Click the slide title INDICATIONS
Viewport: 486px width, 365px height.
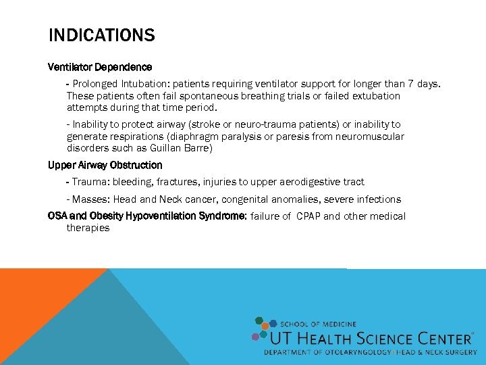point(101,35)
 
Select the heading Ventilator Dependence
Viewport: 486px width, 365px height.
point(100,67)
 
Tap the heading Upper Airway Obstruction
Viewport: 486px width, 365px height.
point(105,165)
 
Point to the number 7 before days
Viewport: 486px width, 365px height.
point(411,84)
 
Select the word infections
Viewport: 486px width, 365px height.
point(378,199)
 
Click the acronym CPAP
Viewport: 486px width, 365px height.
point(306,216)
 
